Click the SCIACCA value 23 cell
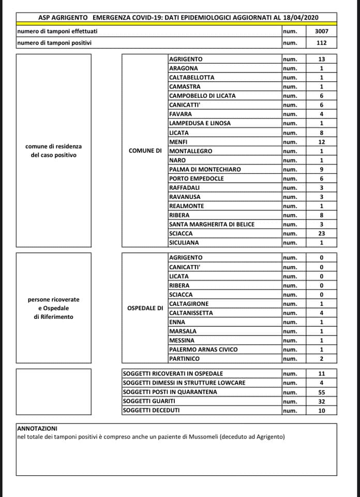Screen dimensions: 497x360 (321, 233)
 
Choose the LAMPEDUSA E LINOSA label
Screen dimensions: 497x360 (200, 123)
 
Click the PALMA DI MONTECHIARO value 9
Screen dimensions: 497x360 (321, 169)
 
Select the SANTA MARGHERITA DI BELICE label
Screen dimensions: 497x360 (212, 224)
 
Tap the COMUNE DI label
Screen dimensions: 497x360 (145, 151)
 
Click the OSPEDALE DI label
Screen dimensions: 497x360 (145, 309)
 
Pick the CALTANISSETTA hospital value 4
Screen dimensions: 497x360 (321, 313)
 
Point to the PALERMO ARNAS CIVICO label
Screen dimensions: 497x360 (203, 349)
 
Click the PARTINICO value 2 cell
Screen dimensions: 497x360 (321, 359)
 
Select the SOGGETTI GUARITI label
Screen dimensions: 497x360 (149, 401)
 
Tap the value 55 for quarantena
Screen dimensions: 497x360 (321, 392)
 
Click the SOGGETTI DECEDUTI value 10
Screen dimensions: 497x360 (321, 411)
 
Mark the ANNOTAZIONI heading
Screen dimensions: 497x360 (37, 429)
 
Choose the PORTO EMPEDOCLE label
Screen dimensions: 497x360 (197, 179)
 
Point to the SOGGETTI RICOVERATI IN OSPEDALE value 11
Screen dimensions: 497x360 (321, 373)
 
